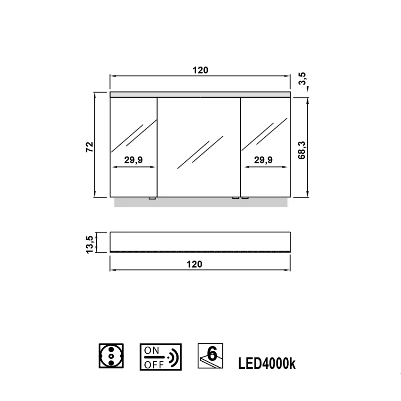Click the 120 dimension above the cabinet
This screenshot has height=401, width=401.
(x=200, y=70)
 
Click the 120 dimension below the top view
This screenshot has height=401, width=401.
(x=194, y=264)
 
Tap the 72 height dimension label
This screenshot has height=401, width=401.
(x=89, y=147)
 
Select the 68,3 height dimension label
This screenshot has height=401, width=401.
(x=301, y=150)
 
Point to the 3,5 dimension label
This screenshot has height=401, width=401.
(x=302, y=79)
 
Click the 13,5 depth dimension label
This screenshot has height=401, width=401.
(x=89, y=244)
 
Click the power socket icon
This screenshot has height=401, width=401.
(x=111, y=355)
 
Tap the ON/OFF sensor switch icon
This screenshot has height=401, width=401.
(x=160, y=356)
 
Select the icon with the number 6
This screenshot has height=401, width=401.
(x=210, y=355)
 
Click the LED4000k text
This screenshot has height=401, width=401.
(x=267, y=363)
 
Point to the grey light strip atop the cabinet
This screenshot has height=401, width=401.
(x=200, y=95)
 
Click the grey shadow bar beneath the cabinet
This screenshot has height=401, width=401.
(x=200, y=202)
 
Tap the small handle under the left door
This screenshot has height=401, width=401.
(x=153, y=198)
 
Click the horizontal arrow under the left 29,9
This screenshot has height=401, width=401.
(x=133, y=167)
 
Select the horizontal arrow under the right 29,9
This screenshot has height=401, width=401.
(x=265, y=167)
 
